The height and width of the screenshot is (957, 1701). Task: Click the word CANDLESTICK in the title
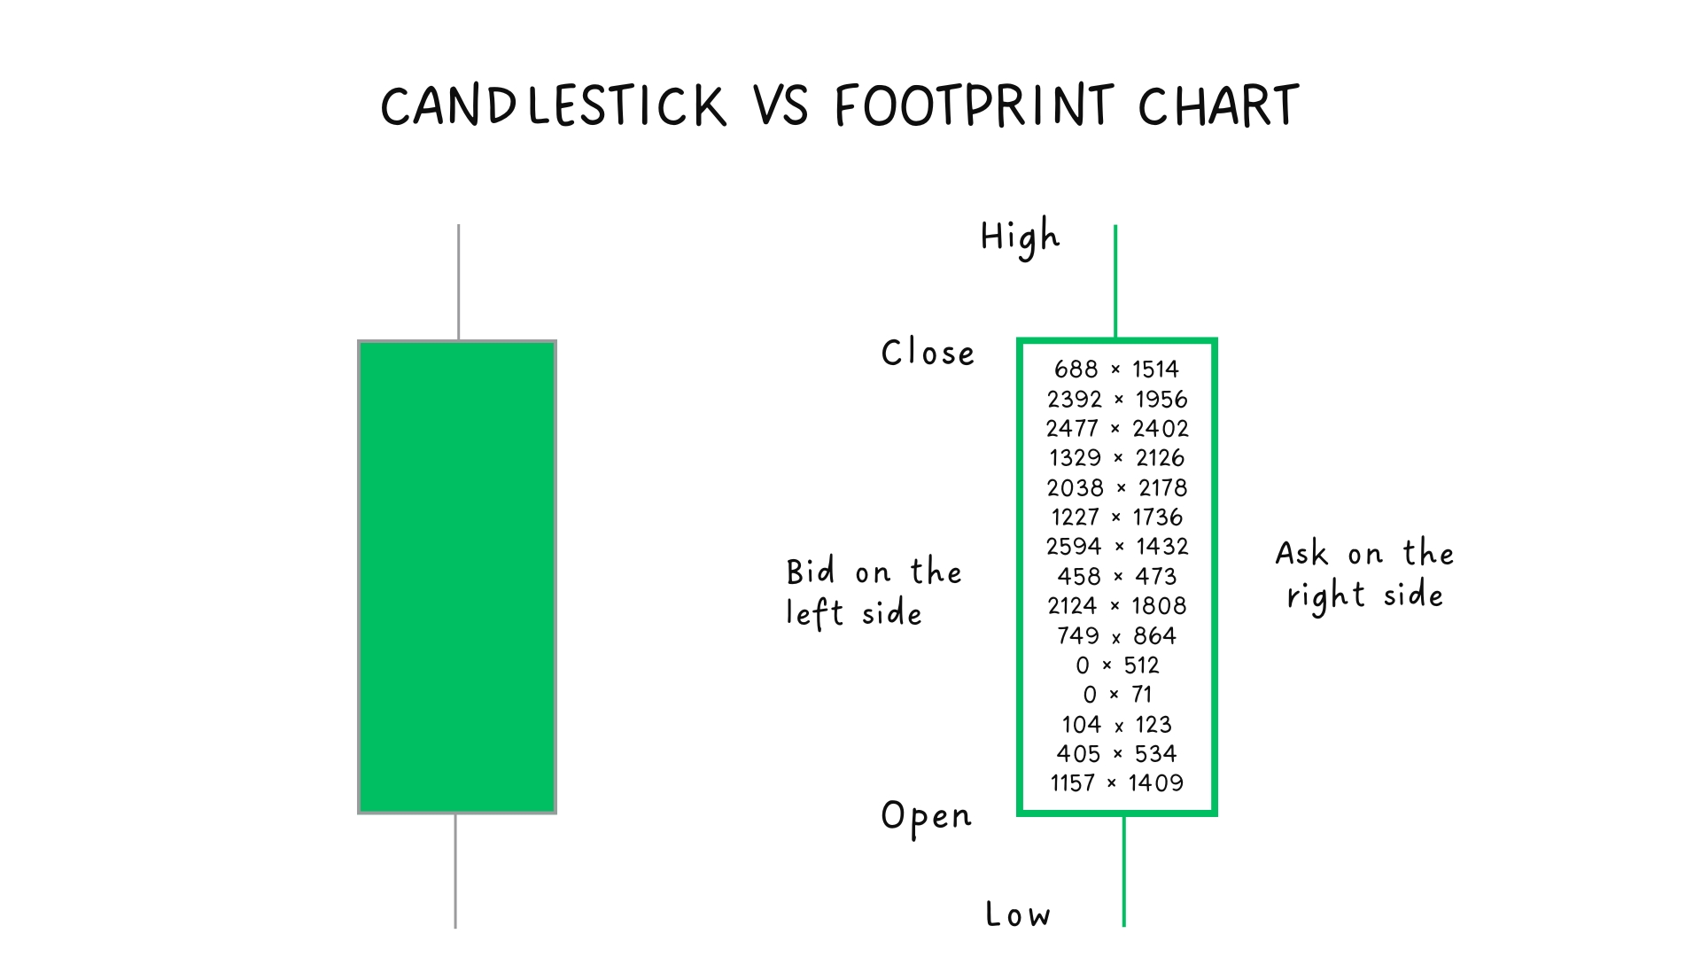click(x=554, y=106)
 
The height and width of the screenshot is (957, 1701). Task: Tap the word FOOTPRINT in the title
click(x=974, y=106)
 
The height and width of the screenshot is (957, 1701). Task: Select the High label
click(x=1020, y=237)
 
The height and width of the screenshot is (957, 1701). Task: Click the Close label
click(x=928, y=353)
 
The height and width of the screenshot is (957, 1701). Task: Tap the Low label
click(x=1018, y=914)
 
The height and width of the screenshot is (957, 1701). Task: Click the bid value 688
click(x=1076, y=370)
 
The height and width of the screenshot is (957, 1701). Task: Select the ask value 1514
click(x=1155, y=370)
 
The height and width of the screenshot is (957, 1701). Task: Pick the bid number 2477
click(x=1072, y=429)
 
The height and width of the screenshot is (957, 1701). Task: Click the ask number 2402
click(x=1161, y=429)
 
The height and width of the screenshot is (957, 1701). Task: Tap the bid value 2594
click(x=1074, y=547)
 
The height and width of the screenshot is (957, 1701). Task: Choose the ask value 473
click(x=1156, y=577)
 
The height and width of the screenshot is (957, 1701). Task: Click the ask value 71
click(x=1142, y=695)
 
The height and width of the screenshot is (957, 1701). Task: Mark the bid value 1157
click(x=1073, y=783)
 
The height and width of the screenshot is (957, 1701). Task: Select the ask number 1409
click(x=1156, y=783)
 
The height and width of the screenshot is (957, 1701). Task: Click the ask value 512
click(x=1141, y=665)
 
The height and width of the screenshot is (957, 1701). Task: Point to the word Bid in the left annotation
click(x=811, y=572)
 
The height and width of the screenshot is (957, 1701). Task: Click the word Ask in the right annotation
click(x=1301, y=554)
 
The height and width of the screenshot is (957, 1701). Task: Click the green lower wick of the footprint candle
click(x=1123, y=872)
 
